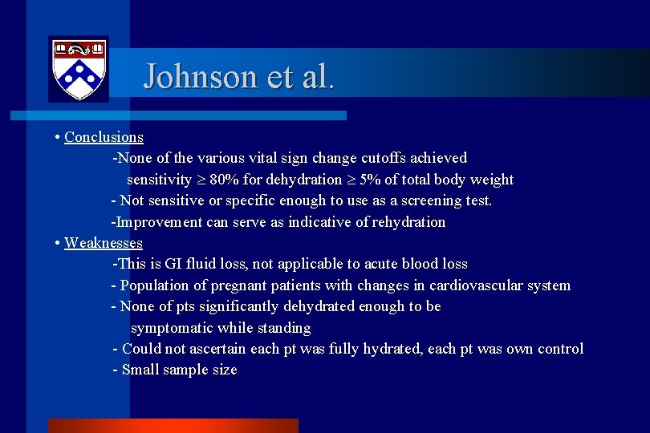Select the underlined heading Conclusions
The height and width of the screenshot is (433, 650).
pos(104,137)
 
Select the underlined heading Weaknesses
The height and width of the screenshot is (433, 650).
pos(104,243)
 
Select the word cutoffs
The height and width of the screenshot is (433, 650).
pos(380,158)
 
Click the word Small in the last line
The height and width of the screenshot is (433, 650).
pos(141,370)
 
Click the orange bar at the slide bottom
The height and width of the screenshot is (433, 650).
pos(173,426)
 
